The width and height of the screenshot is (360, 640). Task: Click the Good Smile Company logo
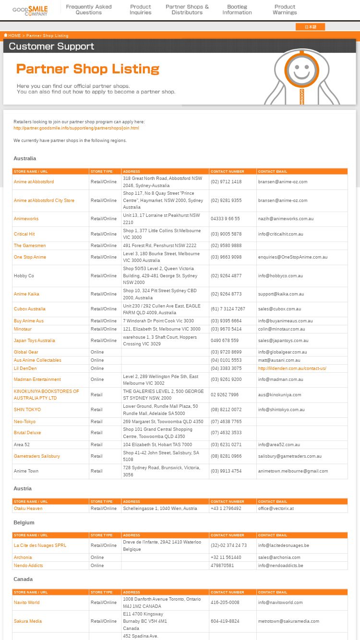pos(30,10)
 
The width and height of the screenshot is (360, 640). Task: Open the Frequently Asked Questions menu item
pos(89,10)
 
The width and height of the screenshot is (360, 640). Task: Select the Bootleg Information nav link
pos(237,10)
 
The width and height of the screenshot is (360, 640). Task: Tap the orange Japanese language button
pos(310,27)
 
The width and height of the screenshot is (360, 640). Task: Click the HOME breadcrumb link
pos(13,36)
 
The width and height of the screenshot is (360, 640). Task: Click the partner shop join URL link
pos(76,128)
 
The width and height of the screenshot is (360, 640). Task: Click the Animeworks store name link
pos(26,219)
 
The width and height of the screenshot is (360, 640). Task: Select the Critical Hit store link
pos(24,234)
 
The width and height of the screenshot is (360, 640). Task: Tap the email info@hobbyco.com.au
pos(280,276)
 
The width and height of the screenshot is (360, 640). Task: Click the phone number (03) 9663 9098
pos(226,257)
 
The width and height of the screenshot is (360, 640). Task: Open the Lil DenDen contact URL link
pos(292,368)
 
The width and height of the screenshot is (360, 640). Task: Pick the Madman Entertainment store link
pos(37,379)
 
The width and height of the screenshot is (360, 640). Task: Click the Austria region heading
pos(23,488)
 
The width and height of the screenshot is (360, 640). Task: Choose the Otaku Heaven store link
pos(28,509)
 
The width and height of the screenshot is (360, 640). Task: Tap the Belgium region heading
pos(24,522)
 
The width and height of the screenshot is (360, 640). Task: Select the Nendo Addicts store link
pos(28,566)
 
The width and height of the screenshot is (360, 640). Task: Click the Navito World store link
pos(26,603)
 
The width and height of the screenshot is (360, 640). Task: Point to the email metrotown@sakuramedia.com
pos(288,621)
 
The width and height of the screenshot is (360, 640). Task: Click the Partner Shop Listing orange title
pos(88,69)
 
